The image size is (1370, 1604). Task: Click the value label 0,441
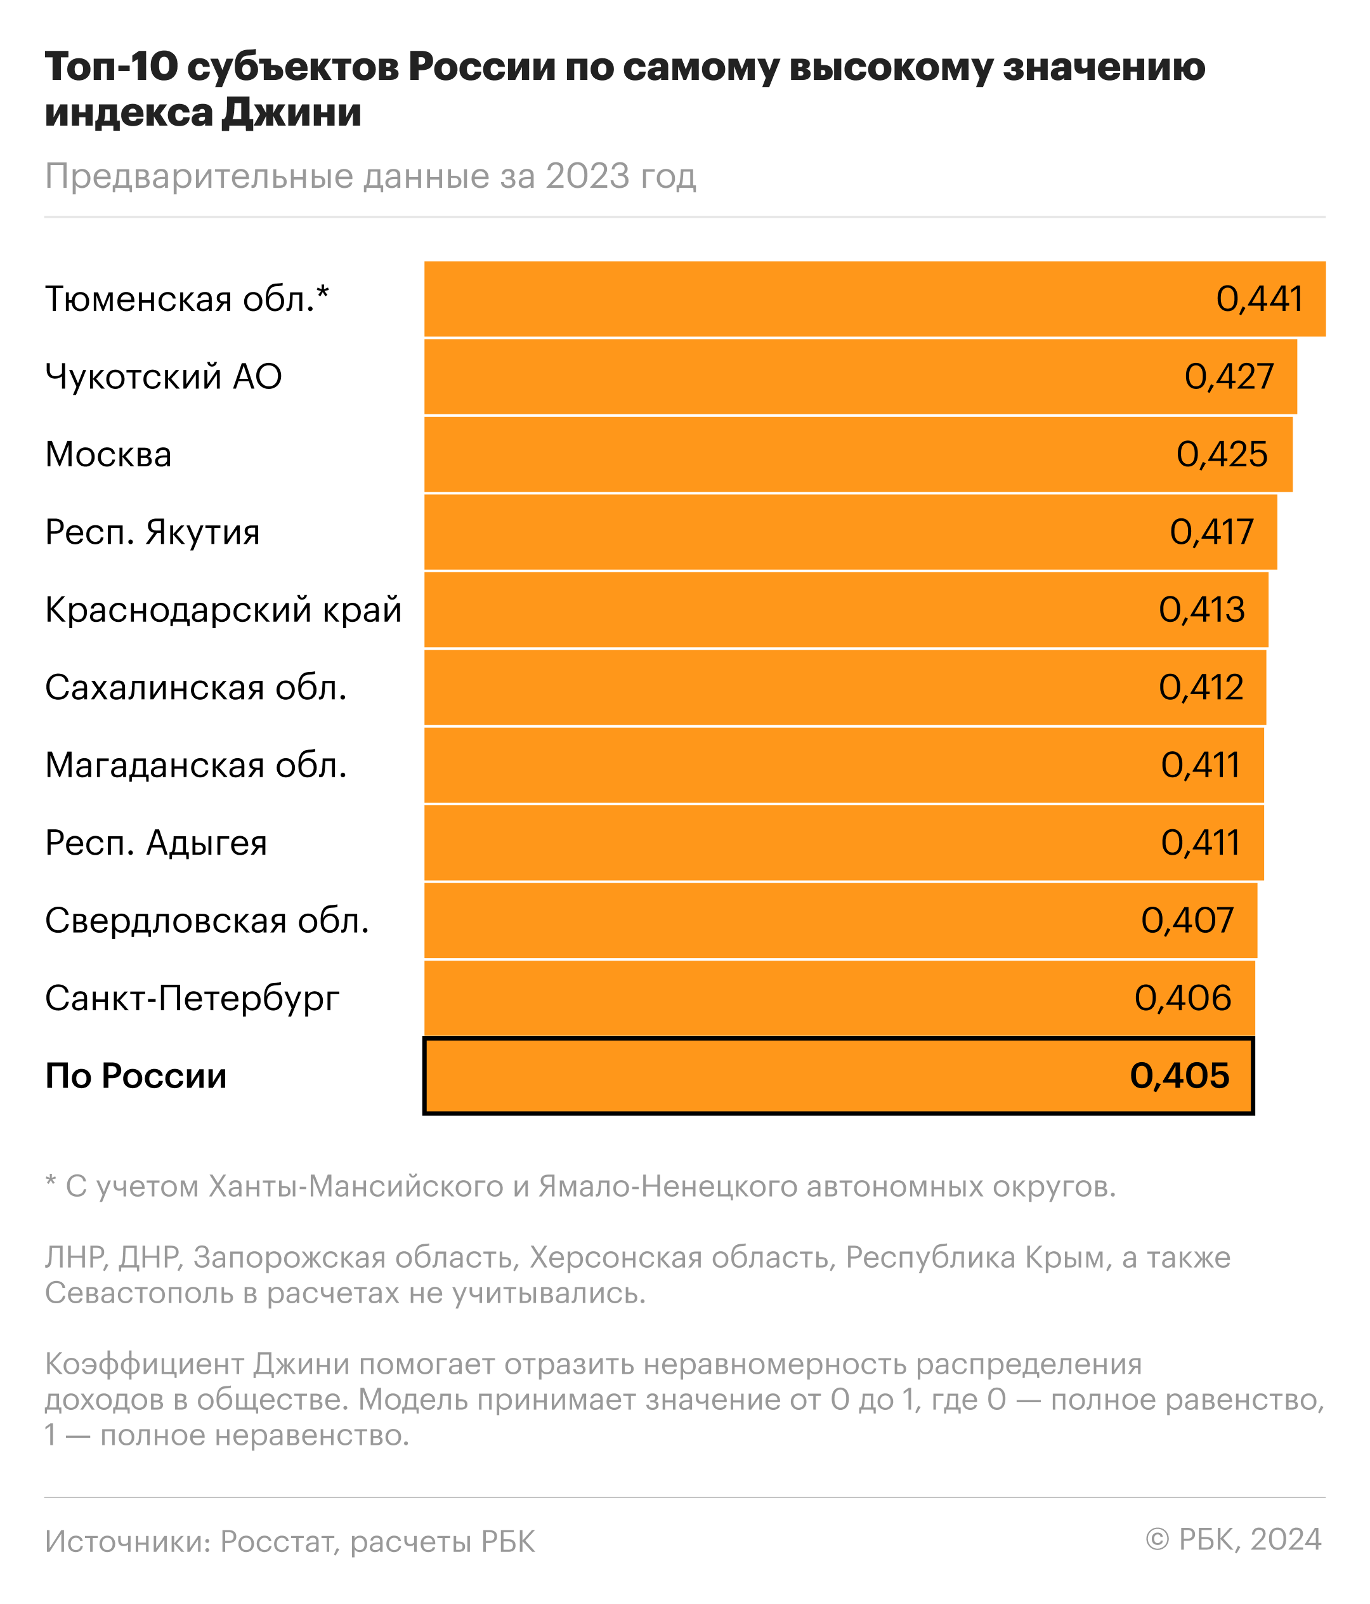[1258, 299]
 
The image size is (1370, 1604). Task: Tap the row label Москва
[108, 454]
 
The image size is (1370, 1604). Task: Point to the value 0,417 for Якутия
[1211, 532]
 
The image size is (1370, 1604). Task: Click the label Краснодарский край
[223, 610]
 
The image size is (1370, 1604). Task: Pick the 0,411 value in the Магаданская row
[1200, 765]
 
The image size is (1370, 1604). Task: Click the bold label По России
[136, 1076]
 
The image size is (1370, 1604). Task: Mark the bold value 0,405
[1179, 1076]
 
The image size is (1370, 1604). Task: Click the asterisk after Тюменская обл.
[323, 293]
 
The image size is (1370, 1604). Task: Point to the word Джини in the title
[292, 113]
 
